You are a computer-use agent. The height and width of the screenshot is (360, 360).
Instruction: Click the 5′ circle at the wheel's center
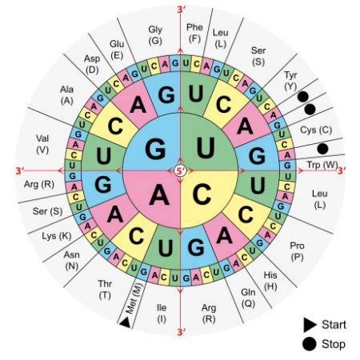pos(181,170)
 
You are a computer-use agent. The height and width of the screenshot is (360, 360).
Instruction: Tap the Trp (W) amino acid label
pos(322,165)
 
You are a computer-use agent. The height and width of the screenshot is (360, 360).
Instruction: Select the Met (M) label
pos(134,298)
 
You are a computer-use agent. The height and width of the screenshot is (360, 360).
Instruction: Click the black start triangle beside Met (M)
pos(125,322)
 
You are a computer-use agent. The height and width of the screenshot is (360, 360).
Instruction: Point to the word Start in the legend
pos(334,325)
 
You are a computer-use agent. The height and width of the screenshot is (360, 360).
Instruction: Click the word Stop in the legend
pos(334,344)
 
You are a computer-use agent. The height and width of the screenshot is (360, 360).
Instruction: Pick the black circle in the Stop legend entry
pos(310,344)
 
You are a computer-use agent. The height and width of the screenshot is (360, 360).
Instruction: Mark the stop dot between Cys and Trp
pos(322,149)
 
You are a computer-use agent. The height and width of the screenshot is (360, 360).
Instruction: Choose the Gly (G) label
pos(155,35)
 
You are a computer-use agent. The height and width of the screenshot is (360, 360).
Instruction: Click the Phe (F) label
pos(194,33)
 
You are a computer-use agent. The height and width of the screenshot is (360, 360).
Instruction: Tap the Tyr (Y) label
pos(290,81)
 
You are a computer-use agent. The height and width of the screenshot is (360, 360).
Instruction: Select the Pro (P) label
pos(297,251)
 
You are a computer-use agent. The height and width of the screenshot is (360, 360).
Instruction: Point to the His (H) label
pos(270,281)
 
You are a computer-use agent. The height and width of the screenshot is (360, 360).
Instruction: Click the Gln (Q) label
pos(248,298)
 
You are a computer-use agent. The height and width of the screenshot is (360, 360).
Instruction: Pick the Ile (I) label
pos(162,314)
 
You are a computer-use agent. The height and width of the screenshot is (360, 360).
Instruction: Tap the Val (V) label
pos(42,144)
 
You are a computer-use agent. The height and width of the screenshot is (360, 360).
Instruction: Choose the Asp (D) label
pos(92,64)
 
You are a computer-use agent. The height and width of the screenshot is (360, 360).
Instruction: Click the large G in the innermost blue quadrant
pos(155,149)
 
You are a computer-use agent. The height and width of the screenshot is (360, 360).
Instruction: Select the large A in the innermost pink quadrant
pos(159,195)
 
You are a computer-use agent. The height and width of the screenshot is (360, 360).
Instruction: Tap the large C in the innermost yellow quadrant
pos(202,194)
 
